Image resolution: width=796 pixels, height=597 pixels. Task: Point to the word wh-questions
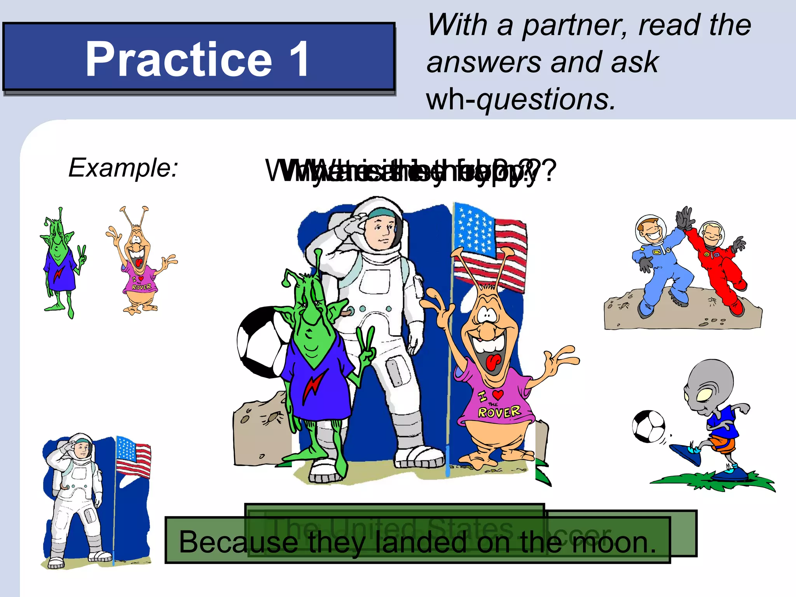point(521,99)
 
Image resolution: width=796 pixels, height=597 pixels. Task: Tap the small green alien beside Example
point(61,264)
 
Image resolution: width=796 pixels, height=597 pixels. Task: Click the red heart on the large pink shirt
point(497,395)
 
